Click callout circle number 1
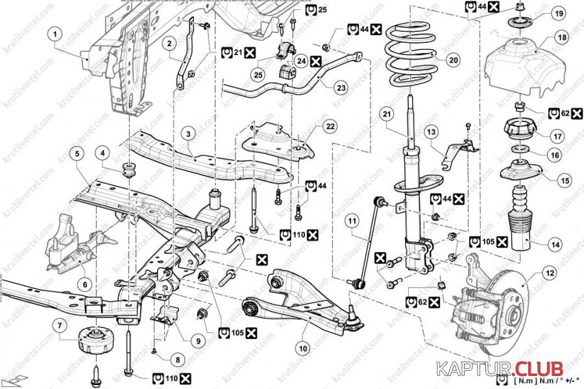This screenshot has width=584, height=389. coord(56,33)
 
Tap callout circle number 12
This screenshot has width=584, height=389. coord(550,273)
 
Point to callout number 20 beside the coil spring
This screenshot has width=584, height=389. coord(453,60)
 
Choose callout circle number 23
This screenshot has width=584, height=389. coord(341,87)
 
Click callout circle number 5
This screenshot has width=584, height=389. coord(77,154)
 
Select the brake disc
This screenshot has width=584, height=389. coord(519,305)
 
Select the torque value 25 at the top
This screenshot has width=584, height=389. coord(322,9)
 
